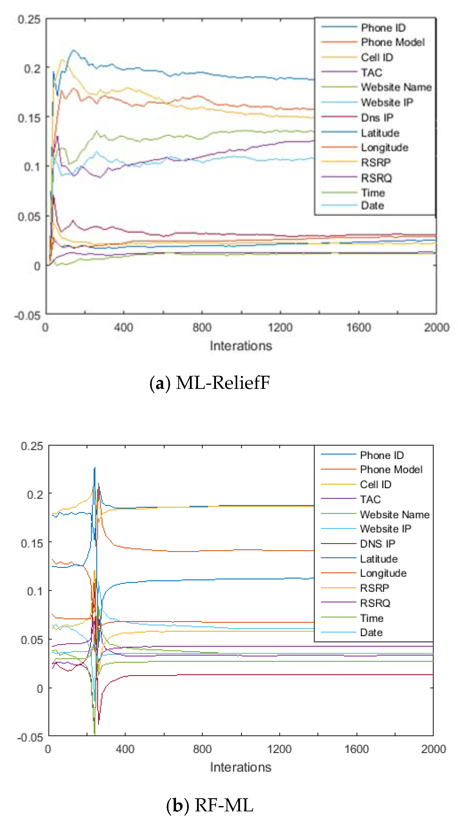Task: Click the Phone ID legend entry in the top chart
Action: tap(383, 28)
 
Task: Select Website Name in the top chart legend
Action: tap(396, 87)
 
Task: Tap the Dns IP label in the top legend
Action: tap(377, 118)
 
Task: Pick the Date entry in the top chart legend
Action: tap(372, 205)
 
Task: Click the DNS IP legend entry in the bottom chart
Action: tap(378, 544)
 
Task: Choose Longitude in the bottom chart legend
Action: tap(383, 573)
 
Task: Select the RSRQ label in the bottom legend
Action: tap(375, 603)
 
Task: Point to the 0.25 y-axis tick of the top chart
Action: tap(29, 19)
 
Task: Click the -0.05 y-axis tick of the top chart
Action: tap(27, 316)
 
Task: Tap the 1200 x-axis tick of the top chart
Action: tap(280, 327)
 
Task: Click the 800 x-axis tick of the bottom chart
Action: tap(202, 749)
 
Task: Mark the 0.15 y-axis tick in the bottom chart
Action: tap(32, 543)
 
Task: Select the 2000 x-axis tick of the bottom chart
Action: tap(433, 749)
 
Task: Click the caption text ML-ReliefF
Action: tap(223, 383)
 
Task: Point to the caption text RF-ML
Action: tap(224, 805)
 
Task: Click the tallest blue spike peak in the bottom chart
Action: tap(94, 468)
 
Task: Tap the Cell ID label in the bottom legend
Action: tap(375, 485)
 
